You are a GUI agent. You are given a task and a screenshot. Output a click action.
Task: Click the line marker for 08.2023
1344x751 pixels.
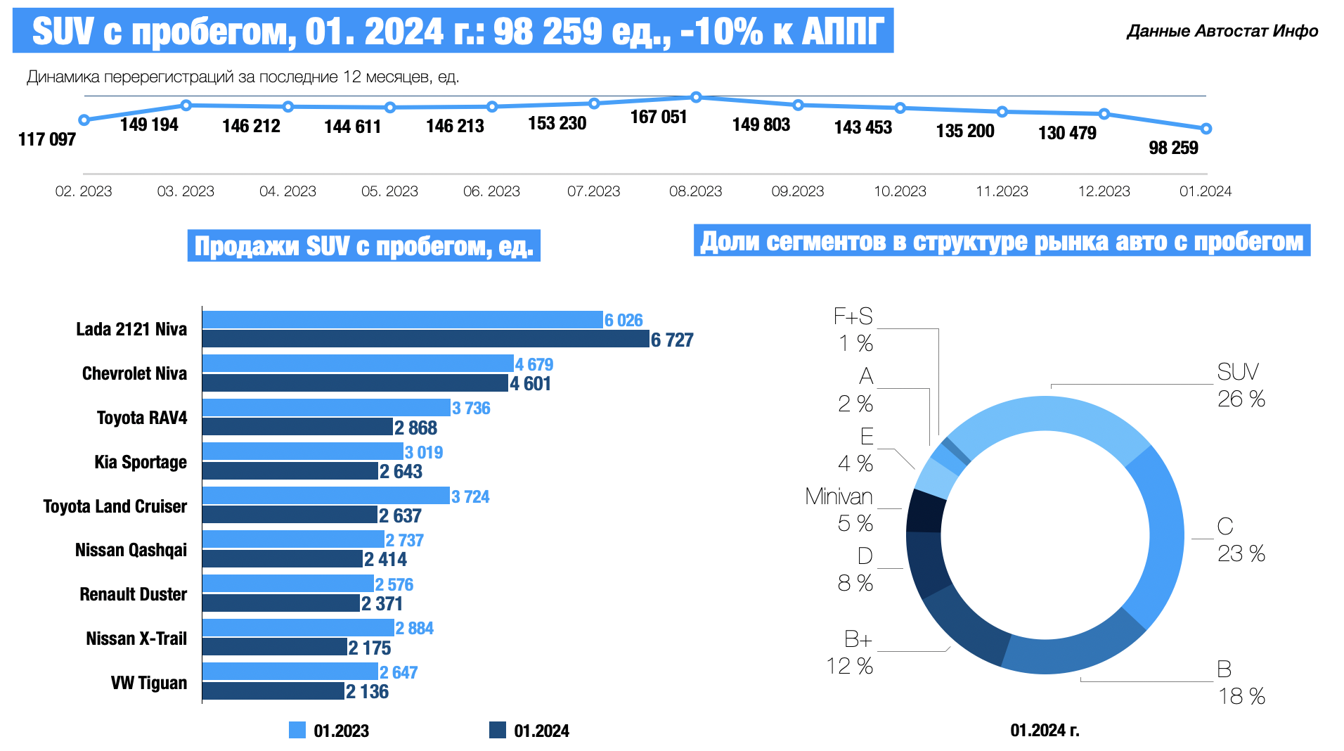pos(696,97)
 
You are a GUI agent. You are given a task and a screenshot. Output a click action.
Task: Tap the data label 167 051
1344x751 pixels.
pos(658,117)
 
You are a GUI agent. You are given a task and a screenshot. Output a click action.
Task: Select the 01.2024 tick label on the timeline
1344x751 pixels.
pos(1206,191)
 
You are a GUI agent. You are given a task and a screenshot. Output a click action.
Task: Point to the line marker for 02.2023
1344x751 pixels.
pos(84,120)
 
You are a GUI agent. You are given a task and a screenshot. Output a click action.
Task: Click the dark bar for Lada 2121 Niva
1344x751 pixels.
pos(425,340)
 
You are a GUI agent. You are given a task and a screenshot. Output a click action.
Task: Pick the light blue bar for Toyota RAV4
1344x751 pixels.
pos(326,408)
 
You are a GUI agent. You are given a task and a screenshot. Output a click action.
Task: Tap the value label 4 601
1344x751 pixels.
pos(530,384)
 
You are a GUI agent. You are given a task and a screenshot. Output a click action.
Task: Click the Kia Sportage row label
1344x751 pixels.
pos(141,462)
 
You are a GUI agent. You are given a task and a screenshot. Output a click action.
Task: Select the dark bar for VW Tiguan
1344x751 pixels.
pos(273,691)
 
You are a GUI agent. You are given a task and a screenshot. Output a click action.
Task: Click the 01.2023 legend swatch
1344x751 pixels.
pos(297,730)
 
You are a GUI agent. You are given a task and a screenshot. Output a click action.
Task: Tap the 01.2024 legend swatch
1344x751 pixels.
pos(497,730)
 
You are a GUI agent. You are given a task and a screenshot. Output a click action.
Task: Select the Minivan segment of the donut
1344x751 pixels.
pos(924,511)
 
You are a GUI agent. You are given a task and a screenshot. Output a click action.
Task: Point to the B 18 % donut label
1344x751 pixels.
pos(1241,682)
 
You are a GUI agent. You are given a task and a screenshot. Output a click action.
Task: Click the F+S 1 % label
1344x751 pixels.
pos(853,329)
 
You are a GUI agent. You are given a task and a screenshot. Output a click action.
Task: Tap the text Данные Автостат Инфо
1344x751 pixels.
pos(1222,31)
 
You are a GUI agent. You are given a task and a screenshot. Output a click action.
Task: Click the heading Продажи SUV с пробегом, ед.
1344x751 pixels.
pos(363,246)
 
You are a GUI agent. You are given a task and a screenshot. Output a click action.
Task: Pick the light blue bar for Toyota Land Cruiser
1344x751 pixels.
pos(325,496)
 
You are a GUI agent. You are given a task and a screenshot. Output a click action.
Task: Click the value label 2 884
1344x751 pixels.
pos(414,628)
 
